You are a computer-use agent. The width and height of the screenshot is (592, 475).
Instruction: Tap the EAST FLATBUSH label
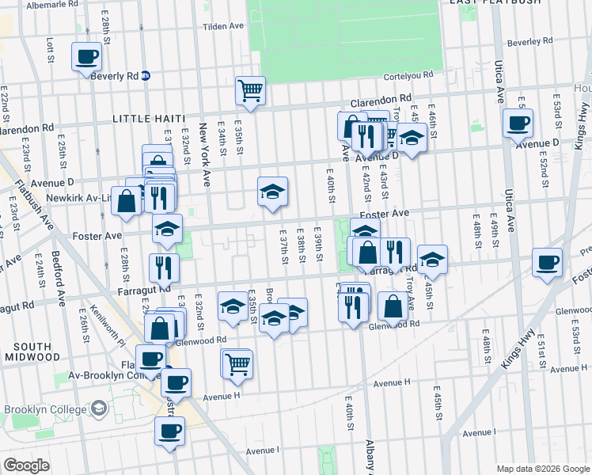click(x=495, y=2)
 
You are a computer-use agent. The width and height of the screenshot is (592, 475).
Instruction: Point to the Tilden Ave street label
click(x=223, y=26)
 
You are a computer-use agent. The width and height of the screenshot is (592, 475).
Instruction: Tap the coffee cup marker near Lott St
click(x=87, y=57)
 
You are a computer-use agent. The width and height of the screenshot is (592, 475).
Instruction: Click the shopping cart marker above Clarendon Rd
click(x=250, y=90)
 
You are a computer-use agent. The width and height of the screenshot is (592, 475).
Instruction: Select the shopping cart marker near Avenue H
click(x=237, y=363)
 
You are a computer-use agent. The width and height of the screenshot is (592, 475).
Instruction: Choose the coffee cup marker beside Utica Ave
click(x=518, y=123)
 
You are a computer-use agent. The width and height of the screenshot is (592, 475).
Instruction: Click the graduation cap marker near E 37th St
click(x=272, y=192)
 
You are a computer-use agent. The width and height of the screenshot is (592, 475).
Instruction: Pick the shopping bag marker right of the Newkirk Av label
click(x=127, y=199)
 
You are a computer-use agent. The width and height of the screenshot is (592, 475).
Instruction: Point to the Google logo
click(x=27, y=465)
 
